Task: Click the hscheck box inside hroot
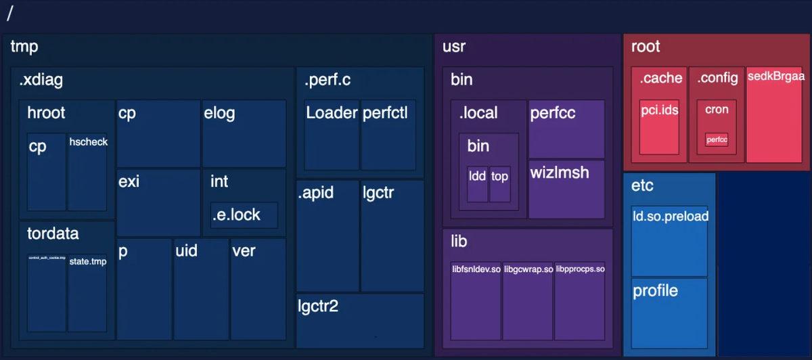(87, 173)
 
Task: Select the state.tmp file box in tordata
(87, 292)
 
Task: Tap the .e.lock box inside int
(244, 215)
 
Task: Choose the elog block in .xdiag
(244, 133)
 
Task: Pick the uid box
(201, 288)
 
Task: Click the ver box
(258, 288)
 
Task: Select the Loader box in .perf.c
(331, 135)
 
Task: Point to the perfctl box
(388, 135)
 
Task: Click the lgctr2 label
(318, 307)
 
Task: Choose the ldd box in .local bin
(477, 183)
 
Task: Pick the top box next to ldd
(500, 183)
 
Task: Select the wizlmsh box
(566, 189)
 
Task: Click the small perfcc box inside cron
(717, 139)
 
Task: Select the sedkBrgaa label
(775, 76)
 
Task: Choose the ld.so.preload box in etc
(669, 241)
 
